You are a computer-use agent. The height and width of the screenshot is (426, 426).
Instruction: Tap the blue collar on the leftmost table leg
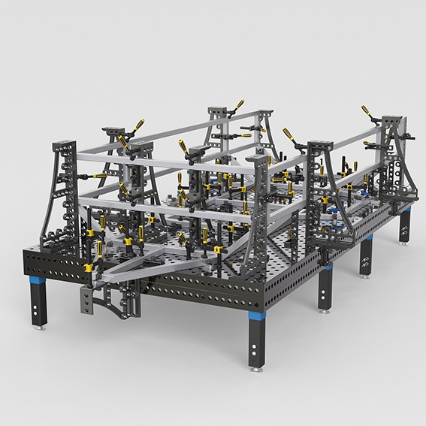coord(36,286)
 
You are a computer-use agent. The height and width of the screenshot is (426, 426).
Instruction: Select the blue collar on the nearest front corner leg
coord(256,317)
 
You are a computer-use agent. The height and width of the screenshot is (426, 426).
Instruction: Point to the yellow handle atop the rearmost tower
coord(240,105)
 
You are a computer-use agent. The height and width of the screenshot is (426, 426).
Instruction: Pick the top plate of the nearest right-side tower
coord(319,143)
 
